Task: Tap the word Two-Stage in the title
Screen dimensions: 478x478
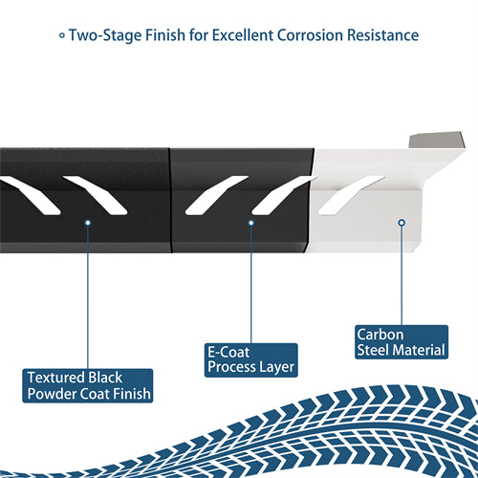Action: pos(105,35)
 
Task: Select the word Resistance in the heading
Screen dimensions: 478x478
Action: pos(382,35)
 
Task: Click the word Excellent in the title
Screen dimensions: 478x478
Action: pos(242,35)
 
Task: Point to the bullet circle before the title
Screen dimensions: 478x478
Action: pos(62,35)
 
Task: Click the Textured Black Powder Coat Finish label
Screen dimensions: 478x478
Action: pos(88,385)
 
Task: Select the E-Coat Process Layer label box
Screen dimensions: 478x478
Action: pos(251,360)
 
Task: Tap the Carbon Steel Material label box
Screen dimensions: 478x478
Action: pos(402,342)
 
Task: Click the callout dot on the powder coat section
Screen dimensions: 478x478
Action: pos(88,223)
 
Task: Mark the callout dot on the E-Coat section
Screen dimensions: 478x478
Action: pos(251,223)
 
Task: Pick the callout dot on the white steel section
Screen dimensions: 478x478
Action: pos(402,223)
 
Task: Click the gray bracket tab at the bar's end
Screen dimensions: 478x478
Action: pos(437,140)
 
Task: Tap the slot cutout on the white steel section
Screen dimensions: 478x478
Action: pos(351,195)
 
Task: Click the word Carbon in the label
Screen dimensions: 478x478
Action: pos(380,335)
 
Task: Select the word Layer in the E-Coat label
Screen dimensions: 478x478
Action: pos(276,367)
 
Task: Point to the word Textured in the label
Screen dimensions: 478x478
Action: pos(56,378)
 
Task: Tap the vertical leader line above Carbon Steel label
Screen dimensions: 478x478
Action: pos(402,275)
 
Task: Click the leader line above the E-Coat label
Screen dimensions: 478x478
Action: pos(251,285)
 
